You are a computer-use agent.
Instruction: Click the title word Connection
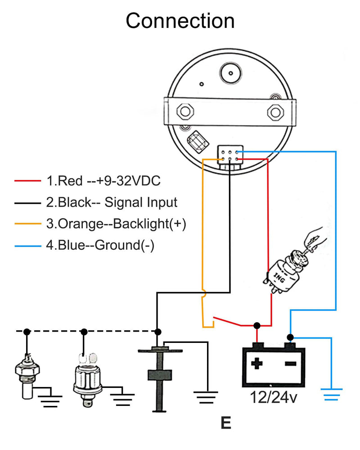click(x=180, y=21)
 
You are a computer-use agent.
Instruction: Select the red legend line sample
click(x=27, y=180)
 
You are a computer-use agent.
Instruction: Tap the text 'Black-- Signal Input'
click(x=118, y=202)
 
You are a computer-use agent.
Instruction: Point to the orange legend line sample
click(x=27, y=224)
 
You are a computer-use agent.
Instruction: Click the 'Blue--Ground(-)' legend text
click(x=106, y=245)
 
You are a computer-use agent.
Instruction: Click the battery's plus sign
click(x=256, y=363)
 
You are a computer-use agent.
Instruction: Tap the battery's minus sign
click(x=290, y=364)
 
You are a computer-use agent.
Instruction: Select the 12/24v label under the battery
click(x=274, y=398)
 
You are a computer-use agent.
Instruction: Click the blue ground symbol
click(x=332, y=395)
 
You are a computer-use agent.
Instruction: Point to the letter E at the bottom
click(x=226, y=423)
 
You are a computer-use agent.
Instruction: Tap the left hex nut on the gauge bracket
click(x=185, y=111)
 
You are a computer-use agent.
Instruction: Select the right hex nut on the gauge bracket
click(x=275, y=112)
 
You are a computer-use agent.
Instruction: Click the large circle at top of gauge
click(x=230, y=73)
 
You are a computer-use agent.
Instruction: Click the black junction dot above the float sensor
click(x=157, y=332)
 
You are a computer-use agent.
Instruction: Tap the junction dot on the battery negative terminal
click(x=290, y=337)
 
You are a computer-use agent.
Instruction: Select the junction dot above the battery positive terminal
click(x=257, y=325)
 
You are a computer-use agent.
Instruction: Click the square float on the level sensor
click(x=160, y=375)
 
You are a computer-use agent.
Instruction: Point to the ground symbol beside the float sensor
click(x=206, y=397)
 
